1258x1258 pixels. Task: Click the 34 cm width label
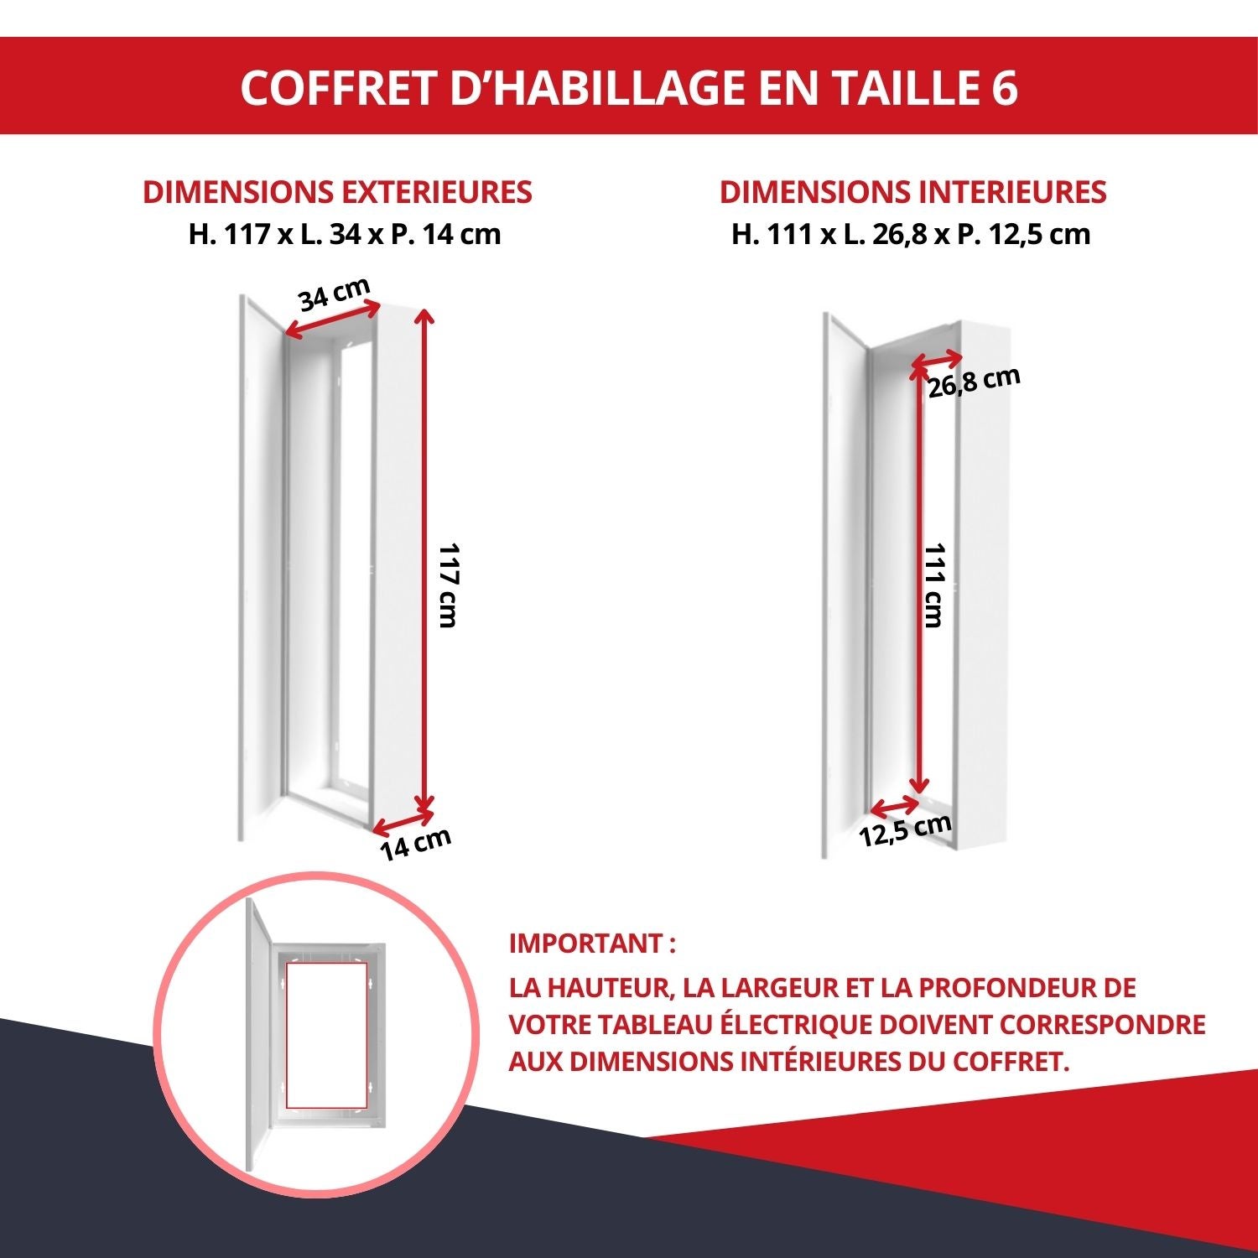click(x=334, y=294)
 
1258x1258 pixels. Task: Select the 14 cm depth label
click(x=415, y=843)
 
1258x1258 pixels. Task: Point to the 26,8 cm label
click(x=974, y=382)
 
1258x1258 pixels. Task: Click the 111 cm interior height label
click(x=934, y=585)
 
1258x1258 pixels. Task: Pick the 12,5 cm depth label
click(x=905, y=829)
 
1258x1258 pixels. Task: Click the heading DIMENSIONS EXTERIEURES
click(x=337, y=192)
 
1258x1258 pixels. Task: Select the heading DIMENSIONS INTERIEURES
click(x=912, y=192)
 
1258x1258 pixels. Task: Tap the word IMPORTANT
click(x=586, y=943)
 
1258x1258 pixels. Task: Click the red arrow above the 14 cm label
click(x=403, y=821)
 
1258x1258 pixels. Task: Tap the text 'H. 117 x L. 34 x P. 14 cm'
click(x=344, y=234)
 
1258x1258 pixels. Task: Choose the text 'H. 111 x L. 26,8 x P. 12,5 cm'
click(x=911, y=234)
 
